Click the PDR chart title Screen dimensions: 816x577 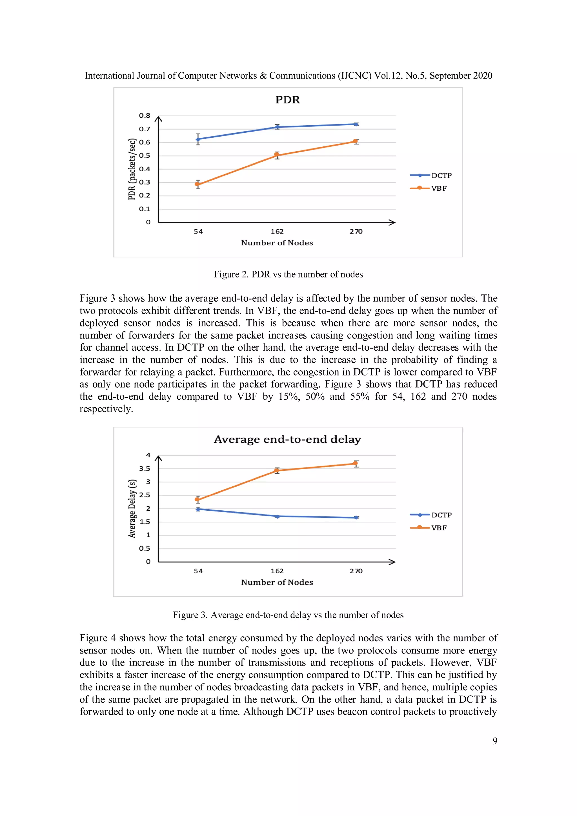(288, 100)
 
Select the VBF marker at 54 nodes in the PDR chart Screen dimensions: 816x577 (198, 184)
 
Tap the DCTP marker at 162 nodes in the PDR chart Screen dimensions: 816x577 (277, 127)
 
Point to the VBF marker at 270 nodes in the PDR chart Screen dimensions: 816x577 (355, 141)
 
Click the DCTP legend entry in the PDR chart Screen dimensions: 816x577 (431, 175)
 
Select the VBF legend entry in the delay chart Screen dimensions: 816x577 (429, 528)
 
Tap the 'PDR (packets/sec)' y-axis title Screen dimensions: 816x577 (132, 169)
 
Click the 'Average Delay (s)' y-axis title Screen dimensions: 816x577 (132, 509)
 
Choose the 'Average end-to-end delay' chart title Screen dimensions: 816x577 (287, 440)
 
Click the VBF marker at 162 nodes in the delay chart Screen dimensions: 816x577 (277, 471)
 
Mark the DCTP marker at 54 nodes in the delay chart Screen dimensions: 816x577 (198, 509)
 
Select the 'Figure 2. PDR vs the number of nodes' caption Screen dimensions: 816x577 (288, 274)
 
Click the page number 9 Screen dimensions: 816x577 (494, 741)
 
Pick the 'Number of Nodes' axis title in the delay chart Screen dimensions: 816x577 (277, 582)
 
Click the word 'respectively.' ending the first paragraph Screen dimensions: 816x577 (106, 409)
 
